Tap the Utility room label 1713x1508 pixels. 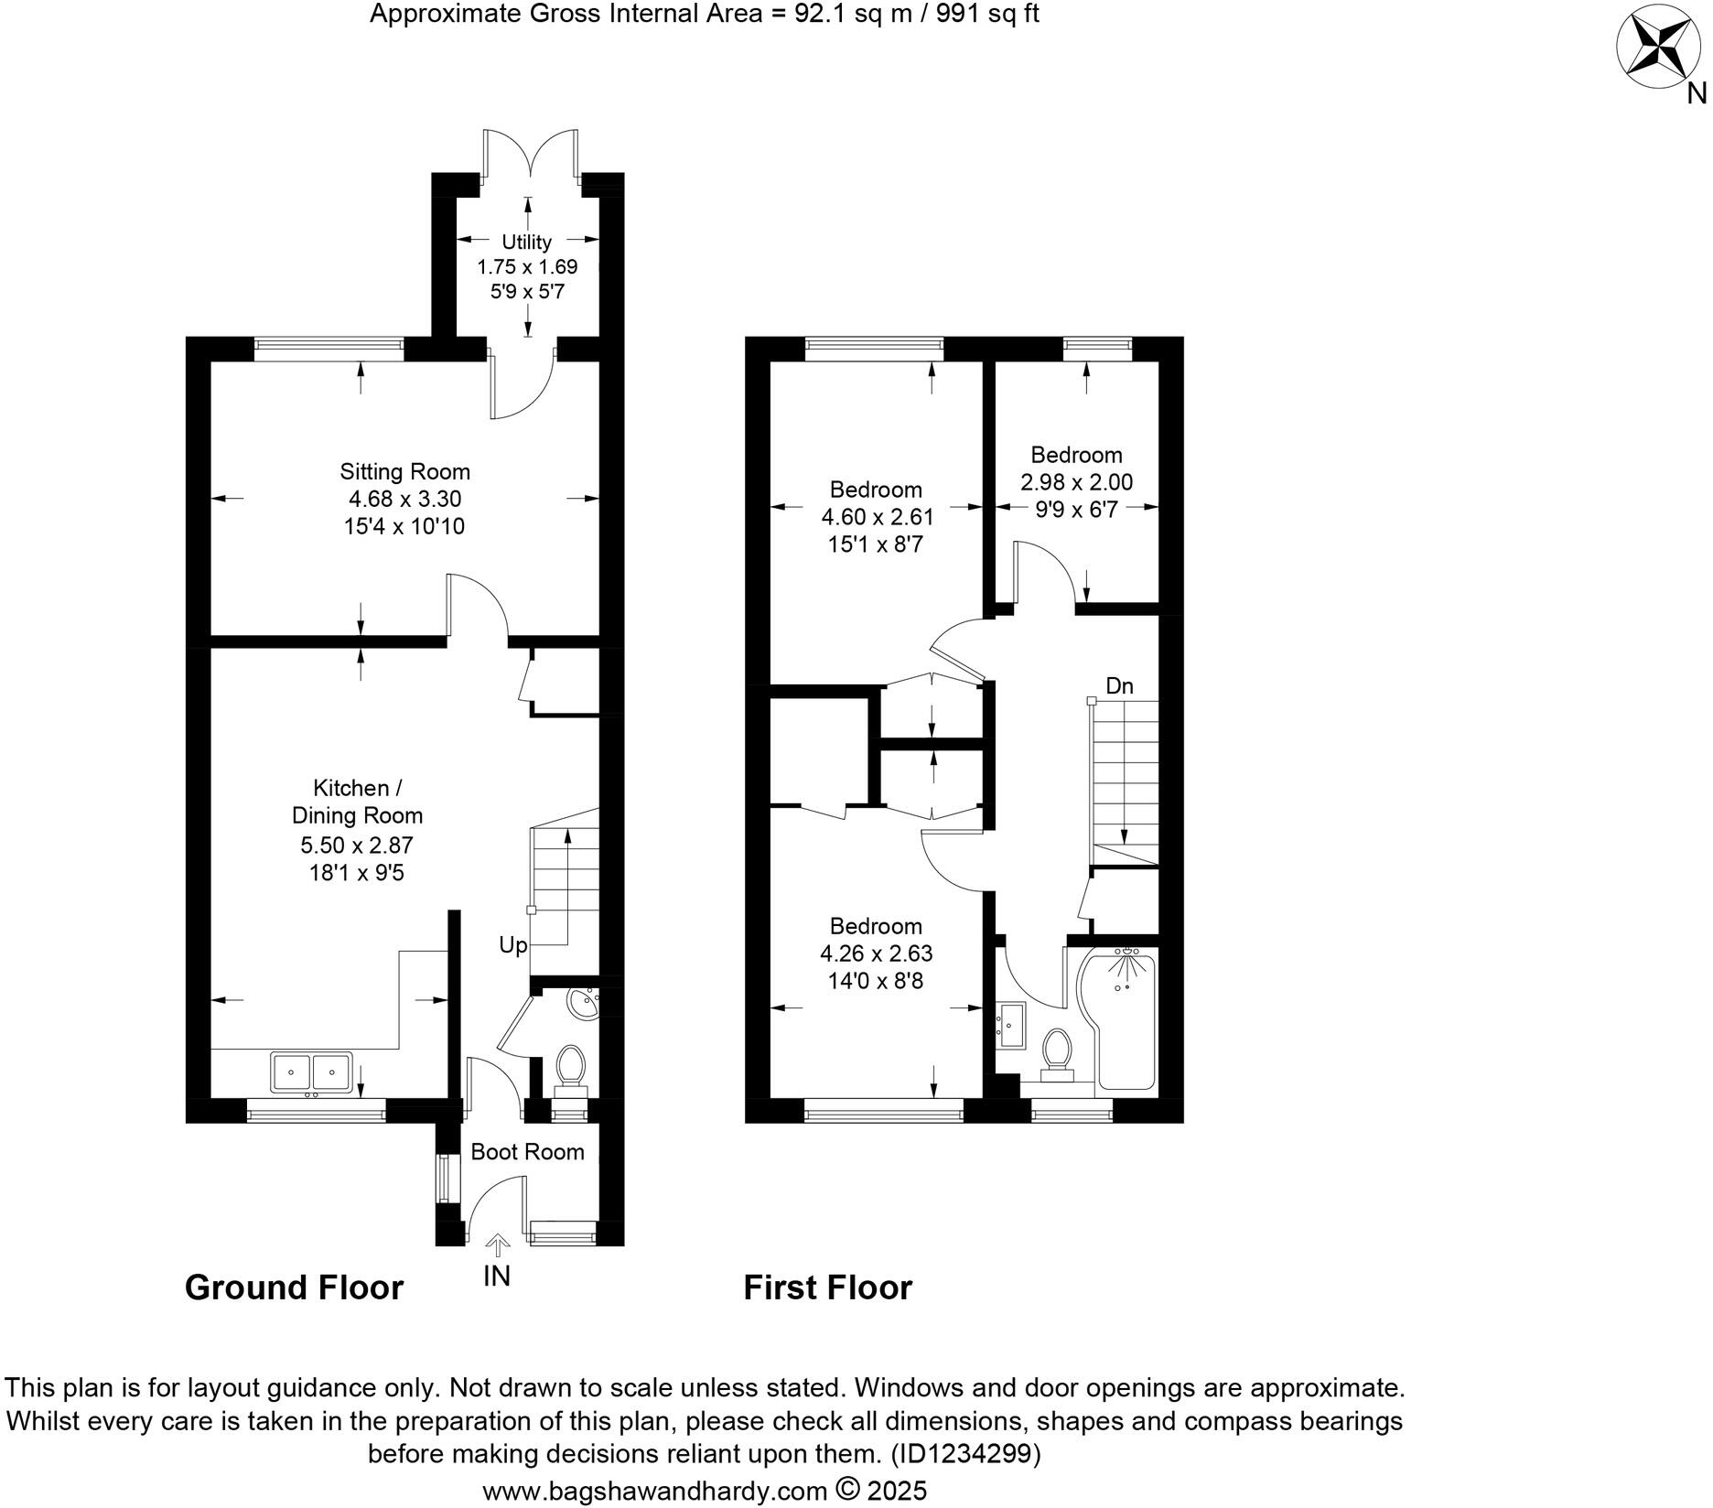pyautogui.click(x=526, y=242)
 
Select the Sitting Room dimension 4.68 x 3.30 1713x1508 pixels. pyautogui.click(x=404, y=499)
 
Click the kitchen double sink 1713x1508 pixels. pyautogui.click(x=311, y=1071)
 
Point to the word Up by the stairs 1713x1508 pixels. pyautogui.click(x=513, y=944)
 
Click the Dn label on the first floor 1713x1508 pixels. pyautogui.click(x=1119, y=685)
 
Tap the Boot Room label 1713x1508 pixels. pyautogui.click(x=527, y=1151)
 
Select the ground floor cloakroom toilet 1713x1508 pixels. pyautogui.click(x=572, y=1069)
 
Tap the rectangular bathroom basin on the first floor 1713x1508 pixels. pyautogui.click(x=1012, y=1025)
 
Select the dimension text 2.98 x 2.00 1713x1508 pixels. pyautogui.click(x=1076, y=482)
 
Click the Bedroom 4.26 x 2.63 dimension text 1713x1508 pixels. pyautogui.click(x=876, y=953)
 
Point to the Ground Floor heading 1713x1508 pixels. pyautogui.click(x=294, y=1287)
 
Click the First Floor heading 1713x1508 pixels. pyautogui.click(x=827, y=1287)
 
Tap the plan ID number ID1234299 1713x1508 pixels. pyautogui.click(x=964, y=1453)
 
